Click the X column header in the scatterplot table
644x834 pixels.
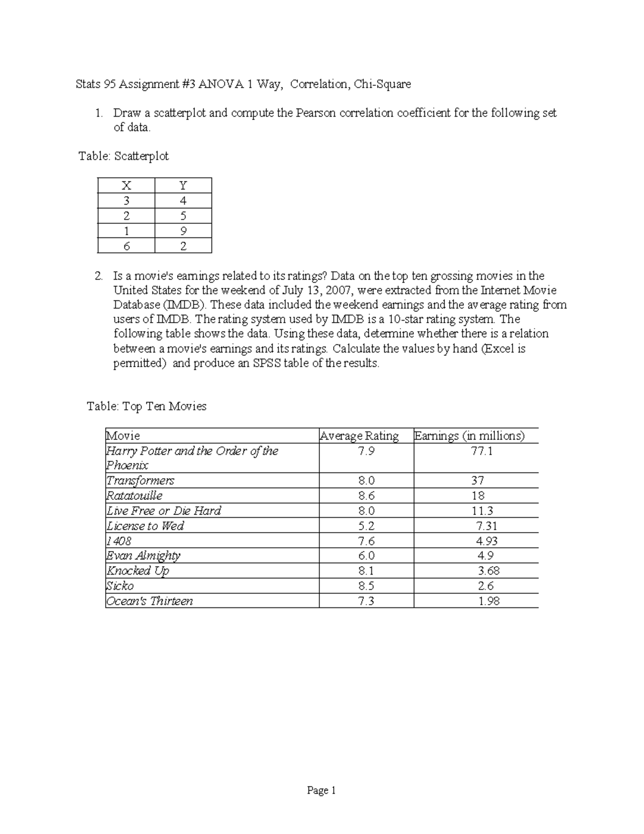(126, 186)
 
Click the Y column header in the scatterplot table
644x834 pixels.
(183, 186)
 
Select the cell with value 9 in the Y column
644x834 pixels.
(183, 231)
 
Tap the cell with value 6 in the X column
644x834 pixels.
(126, 246)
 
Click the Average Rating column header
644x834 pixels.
(359, 436)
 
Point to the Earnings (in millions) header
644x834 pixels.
(469, 436)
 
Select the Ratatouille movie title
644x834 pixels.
(134, 496)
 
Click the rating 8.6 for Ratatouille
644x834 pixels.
(366, 496)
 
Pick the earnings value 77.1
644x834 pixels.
(481, 451)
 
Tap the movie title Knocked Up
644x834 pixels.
(137, 571)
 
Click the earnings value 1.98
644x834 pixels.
(488, 601)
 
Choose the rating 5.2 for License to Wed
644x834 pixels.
(366, 526)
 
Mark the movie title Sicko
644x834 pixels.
(120, 586)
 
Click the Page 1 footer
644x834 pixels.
(321, 791)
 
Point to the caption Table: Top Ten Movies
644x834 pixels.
(147, 407)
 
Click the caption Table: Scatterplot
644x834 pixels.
(123, 156)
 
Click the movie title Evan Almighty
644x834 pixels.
(143, 556)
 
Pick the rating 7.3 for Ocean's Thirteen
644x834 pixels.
(366, 601)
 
